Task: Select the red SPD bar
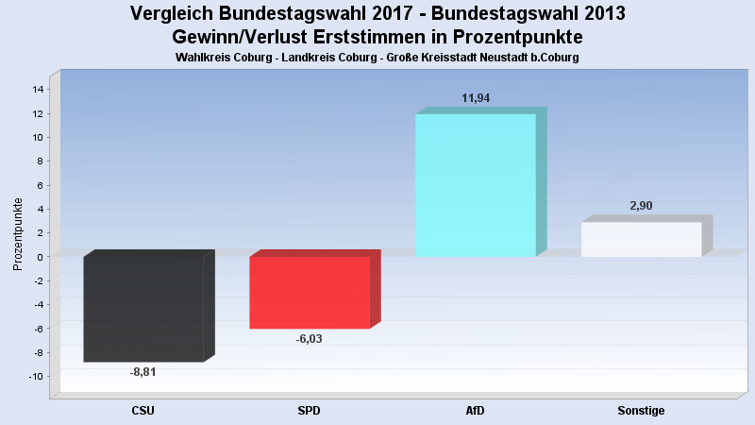click(309, 293)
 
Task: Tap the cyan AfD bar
click(475, 185)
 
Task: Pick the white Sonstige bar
click(641, 239)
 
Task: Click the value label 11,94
click(476, 98)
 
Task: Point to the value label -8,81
click(143, 372)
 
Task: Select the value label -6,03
click(309, 339)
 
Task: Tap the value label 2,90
click(641, 206)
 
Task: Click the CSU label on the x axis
click(143, 411)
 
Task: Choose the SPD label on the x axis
click(309, 411)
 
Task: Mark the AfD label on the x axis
click(475, 411)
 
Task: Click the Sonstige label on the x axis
click(641, 411)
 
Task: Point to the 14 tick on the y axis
click(38, 90)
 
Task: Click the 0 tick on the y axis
click(41, 257)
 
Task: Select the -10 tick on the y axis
click(36, 376)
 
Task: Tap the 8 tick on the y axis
click(41, 161)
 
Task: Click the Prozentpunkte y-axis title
click(17, 232)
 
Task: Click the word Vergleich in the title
click(173, 14)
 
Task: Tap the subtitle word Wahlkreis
click(202, 58)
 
